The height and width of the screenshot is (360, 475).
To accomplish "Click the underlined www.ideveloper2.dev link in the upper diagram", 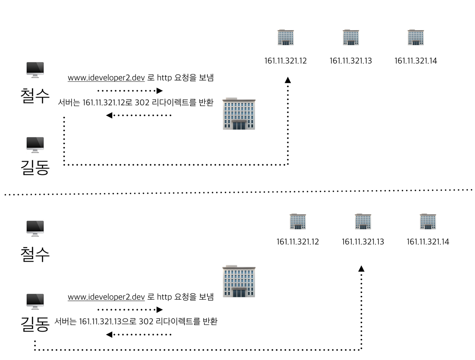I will coord(106,78).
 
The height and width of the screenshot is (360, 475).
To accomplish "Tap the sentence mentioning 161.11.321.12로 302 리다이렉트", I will coord(135,102).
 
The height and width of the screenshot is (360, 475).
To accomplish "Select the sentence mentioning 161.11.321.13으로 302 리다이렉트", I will coord(136,321).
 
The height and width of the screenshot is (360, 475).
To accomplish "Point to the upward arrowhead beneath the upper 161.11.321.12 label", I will coord(288,80).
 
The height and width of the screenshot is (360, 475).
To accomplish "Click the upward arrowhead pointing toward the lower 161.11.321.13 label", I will coord(361,268).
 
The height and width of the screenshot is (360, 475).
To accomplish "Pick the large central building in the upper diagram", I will coord(239,114).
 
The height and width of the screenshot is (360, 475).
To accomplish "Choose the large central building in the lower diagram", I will coord(239,281).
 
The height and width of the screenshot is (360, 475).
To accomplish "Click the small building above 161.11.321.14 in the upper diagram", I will coord(416,37).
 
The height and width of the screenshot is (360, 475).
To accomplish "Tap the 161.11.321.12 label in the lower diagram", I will coord(298,242).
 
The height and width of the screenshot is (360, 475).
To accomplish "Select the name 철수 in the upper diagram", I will coord(35,95).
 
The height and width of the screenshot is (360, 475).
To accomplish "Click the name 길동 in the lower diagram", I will coord(35,323).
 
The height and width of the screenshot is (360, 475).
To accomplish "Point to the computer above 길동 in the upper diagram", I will coord(35,145).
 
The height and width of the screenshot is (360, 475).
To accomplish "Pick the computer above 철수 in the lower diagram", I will coord(35,228).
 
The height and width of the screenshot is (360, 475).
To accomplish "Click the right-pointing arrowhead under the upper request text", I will coord(160,90).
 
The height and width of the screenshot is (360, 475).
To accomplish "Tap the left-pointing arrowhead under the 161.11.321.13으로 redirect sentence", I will coord(109,334).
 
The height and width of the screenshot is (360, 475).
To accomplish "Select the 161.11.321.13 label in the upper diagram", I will coord(351,61).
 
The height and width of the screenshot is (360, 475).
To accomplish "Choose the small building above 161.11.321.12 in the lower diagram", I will coord(298,221).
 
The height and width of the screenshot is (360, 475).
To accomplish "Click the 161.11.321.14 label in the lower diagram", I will coord(428,242).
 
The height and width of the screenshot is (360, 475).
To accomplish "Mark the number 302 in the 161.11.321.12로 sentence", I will coord(142,102).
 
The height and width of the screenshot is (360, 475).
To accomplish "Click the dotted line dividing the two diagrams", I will coord(237,192).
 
